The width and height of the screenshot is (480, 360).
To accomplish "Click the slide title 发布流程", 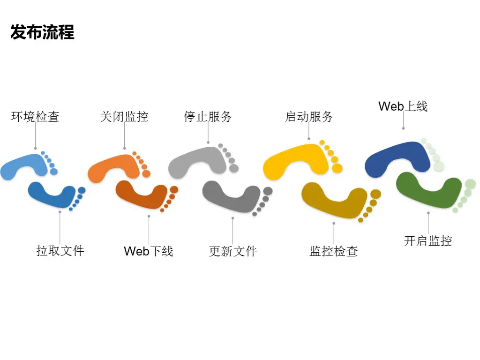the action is pyautogui.click(x=42, y=33).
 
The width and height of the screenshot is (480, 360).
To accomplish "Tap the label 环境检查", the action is pyautogui.click(x=35, y=117).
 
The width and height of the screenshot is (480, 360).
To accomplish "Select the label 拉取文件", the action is pyautogui.click(x=60, y=251).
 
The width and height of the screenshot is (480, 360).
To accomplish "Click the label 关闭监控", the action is pyautogui.click(x=124, y=117).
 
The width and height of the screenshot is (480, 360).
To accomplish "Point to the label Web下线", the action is pyautogui.click(x=148, y=251).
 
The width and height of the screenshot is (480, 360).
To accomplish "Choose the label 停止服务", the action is pyautogui.click(x=208, y=117).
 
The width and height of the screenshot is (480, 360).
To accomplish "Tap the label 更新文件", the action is pyautogui.click(x=233, y=251).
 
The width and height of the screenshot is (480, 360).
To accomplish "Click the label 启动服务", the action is pyautogui.click(x=309, y=117).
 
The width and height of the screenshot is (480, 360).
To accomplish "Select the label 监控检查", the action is pyautogui.click(x=334, y=251).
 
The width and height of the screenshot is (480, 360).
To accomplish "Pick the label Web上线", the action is pyautogui.click(x=403, y=106).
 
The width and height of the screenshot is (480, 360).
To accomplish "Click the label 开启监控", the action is pyautogui.click(x=428, y=241).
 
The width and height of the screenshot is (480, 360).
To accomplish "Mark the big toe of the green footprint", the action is pyautogui.click(x=470, y=184).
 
